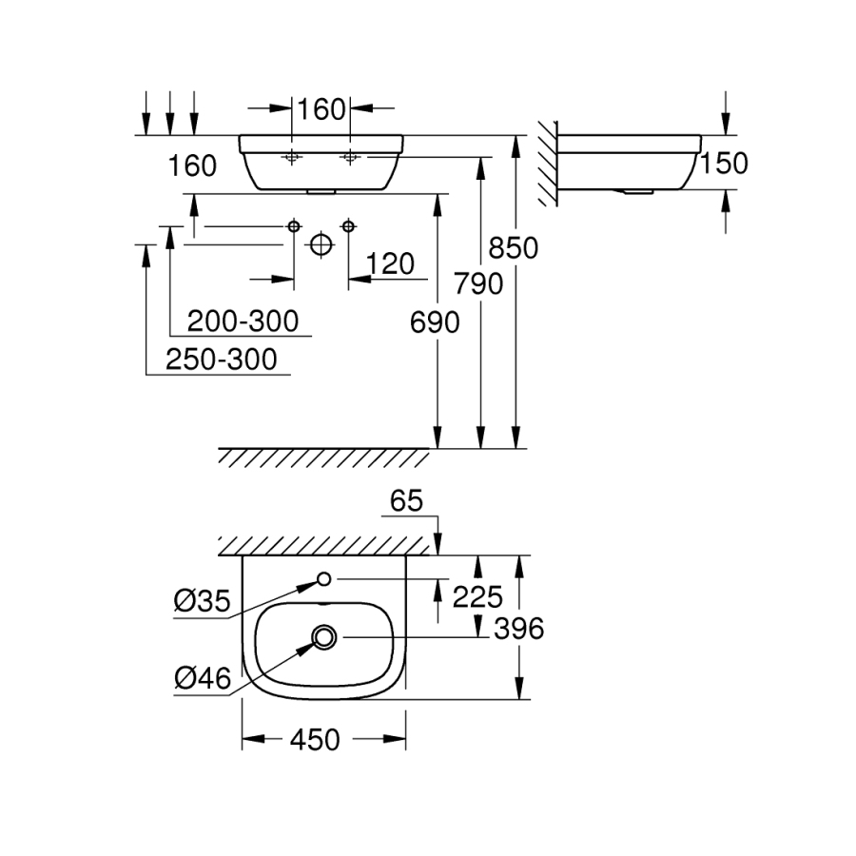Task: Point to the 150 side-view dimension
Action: pyautogui.click(x=724, y=164)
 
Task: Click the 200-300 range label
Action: pyautogui.click(x=243, y=321)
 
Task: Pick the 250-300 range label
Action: pyautogui.click(x=221, y=360)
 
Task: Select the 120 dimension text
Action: pyautogui.click(x=390, y=263)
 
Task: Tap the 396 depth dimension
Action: pyautogui.click(x=515, y=629)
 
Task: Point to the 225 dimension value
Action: pyautogui.click(x=477, y=596)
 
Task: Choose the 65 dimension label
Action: pyautogui.click(x=405, y=501)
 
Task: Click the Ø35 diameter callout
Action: pyautogui.click(x=202, y=601)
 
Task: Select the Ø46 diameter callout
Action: pyautogui.click(x=202, y=677)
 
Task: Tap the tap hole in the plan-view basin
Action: pyautogui.click(x=323, y=578)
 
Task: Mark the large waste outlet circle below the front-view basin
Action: pyautogui.click(x=321, y=245)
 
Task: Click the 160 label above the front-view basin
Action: pyautogui.click(x=320, y=109)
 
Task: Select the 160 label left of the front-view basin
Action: pyautogui.click(x=192, y=165)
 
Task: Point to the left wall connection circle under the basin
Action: pyautogui.click(x=294, y=225)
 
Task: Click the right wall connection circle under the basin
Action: pyautogui.click(x=349, y=225)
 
